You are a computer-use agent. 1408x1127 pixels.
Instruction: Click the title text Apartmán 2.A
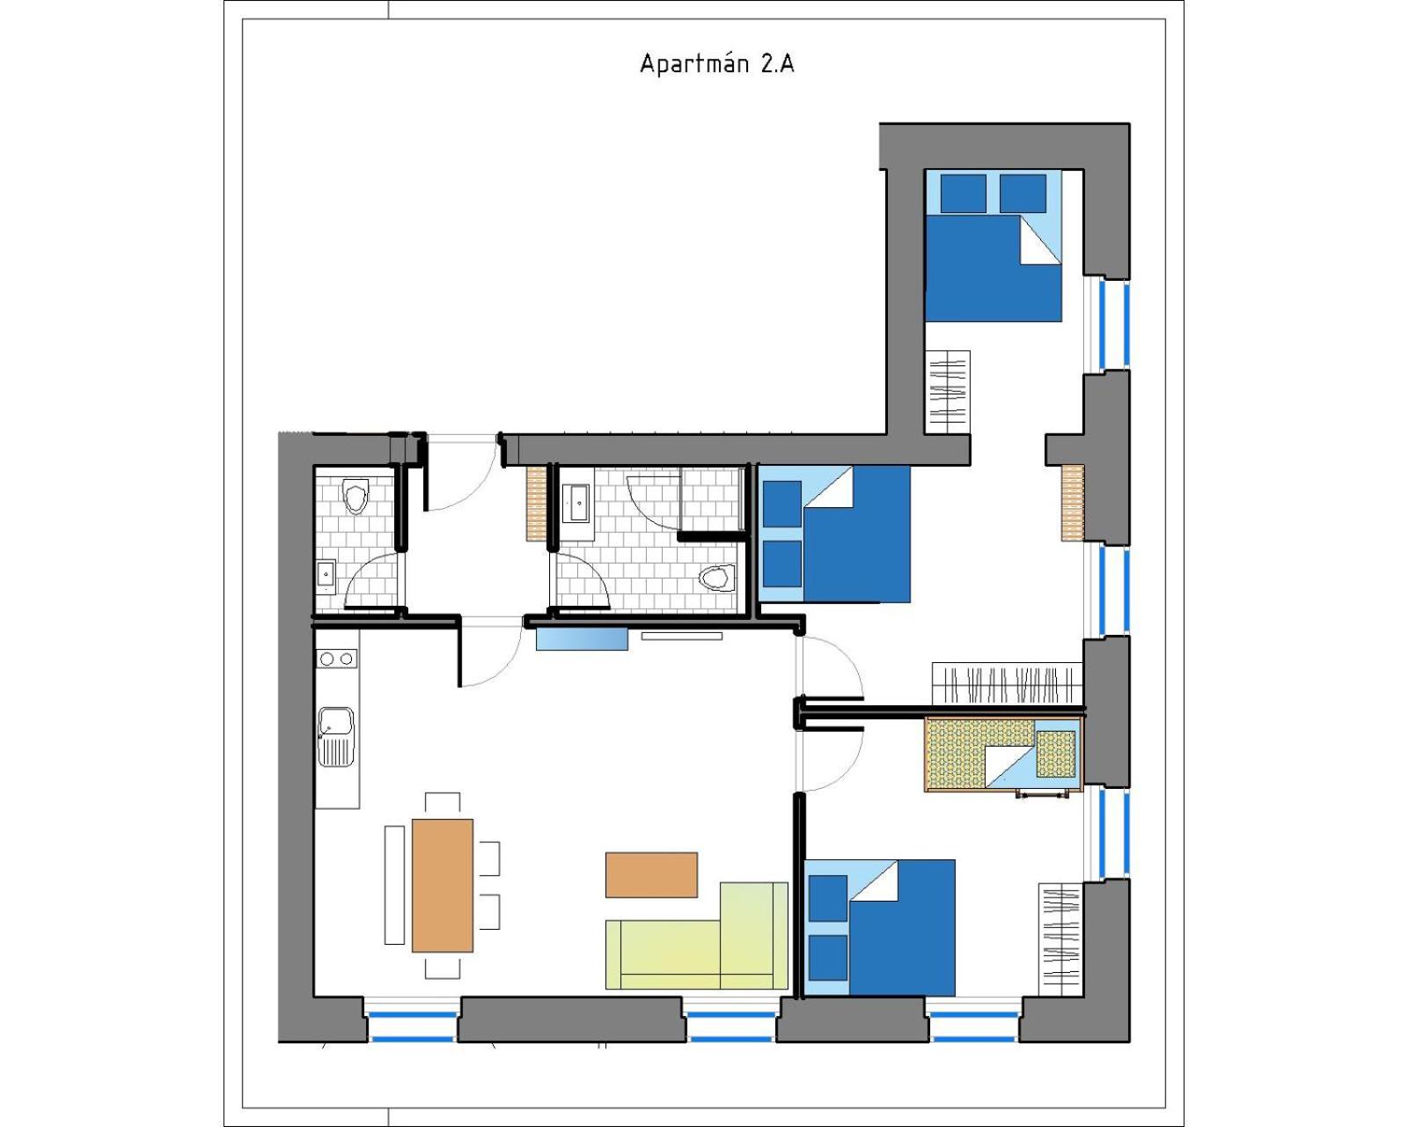[717, 63]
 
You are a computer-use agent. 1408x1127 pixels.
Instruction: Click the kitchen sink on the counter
[336, 737]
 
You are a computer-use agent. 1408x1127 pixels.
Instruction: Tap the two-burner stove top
[337, 658]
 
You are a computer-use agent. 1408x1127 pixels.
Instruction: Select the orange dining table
[443, 886]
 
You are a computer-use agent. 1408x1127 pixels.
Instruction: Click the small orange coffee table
[651, 875]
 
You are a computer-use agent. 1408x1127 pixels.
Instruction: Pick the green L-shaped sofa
[697, 937]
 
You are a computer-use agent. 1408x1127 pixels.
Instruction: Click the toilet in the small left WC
[356, 496]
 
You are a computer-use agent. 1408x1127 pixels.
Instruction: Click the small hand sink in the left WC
[326, 577]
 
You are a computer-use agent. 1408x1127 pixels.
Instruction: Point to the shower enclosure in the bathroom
[712, 499]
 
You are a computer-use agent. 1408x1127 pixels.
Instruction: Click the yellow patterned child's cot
[1003, 754]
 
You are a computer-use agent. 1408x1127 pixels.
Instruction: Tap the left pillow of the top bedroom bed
[963, 193]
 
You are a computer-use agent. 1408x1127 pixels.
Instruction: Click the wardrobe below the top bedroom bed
[948, 392]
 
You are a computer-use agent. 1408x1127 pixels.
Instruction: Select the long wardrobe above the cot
[1007, 684]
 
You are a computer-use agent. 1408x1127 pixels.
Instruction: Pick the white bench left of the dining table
[394, 885]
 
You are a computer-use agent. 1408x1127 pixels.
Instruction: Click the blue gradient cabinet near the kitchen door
[582, 638]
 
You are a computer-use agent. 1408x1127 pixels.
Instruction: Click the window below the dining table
[413, 1026]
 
